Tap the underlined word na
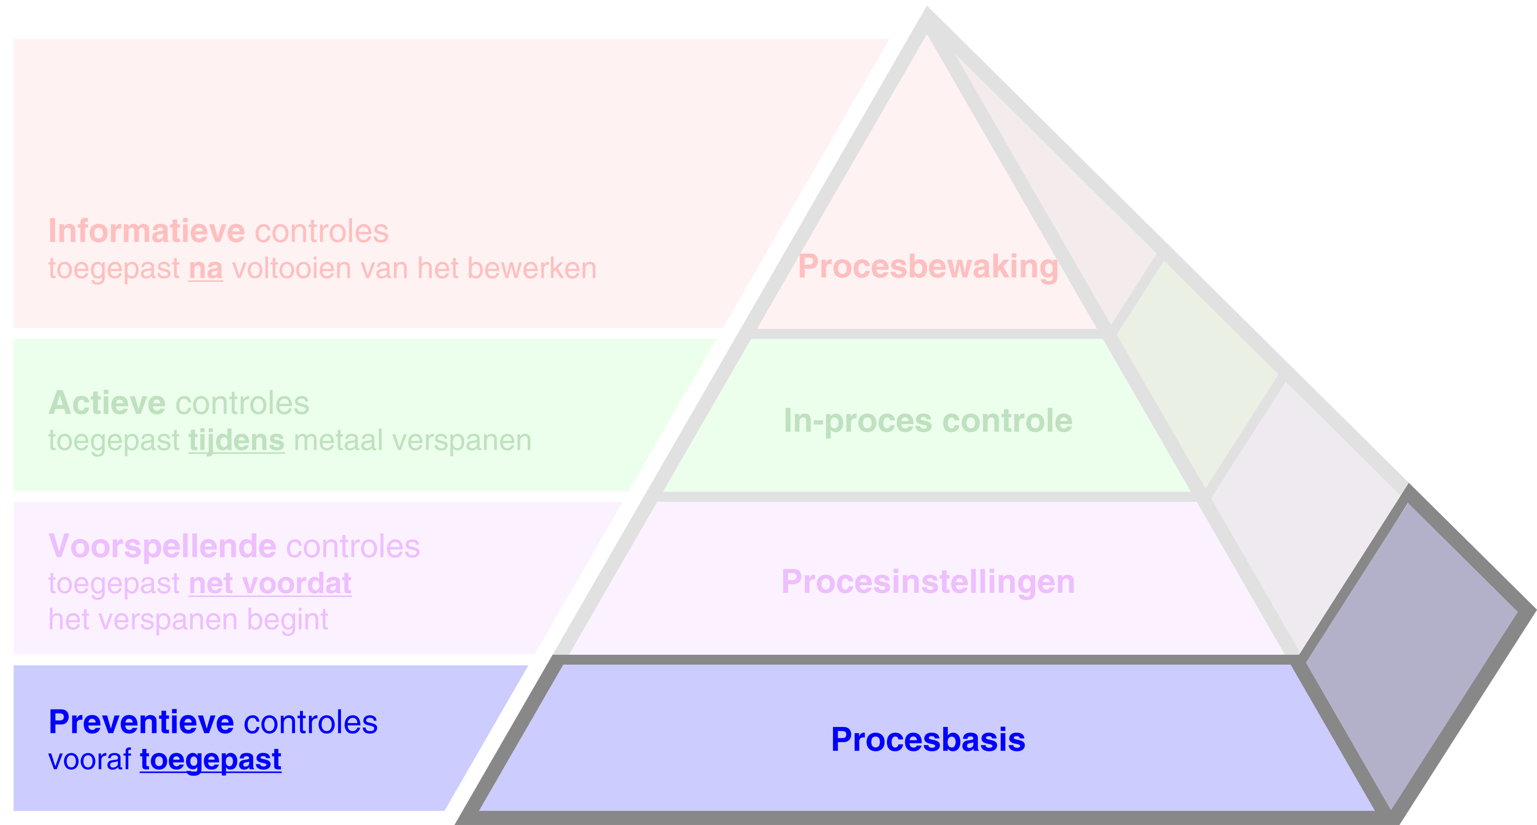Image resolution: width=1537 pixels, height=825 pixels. click(206, 268)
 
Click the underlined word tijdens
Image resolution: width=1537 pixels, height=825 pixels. click(237, 440)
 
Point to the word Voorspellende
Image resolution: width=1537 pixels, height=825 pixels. click(162, 546)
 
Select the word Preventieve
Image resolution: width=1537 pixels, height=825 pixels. click(141, 722)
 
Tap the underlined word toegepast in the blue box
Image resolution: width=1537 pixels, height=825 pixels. click(210, 759)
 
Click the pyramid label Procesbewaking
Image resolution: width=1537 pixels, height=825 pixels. click(928, 266)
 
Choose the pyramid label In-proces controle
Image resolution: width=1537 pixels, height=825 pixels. click(928, 421)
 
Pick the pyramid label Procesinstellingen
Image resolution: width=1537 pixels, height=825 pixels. click(928, 582)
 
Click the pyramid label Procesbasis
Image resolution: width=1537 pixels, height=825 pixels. click(928, 740)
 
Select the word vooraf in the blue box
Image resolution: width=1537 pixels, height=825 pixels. click(89, 759)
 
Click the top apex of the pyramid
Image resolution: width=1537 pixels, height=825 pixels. click(927, 18)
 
